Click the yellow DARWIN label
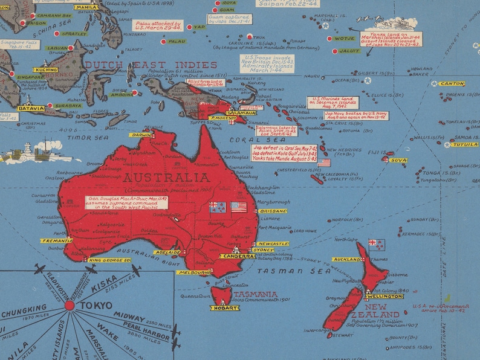click(x=142, y=135)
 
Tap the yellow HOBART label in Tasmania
click(x=224, y=308)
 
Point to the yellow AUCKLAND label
click(x=346, y=260)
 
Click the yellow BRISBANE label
click(x=273, y=211)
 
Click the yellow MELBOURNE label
click(x=194, y=273)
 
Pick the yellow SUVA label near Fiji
click(x=398, y=160)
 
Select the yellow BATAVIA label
click(x=31, y=109)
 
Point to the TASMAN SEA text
click(x=287, y=271)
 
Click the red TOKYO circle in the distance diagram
click(x=70, y=306)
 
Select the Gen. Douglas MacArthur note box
click(x=126, y=202)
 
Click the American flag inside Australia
click(x=239, y=207)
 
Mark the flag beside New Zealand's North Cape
click(x=377, y=245)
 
